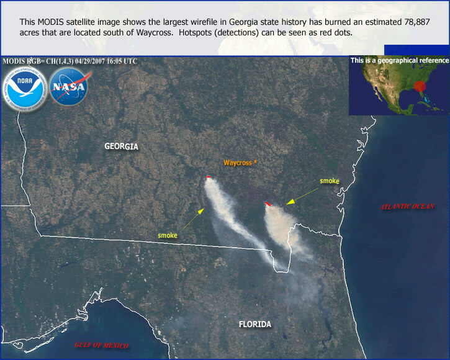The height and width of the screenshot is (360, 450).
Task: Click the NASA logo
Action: click(x=69, y=86)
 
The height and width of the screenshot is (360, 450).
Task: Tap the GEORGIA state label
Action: click(x=121, y=146)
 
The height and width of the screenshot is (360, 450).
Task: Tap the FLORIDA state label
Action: click(x=255, y=325)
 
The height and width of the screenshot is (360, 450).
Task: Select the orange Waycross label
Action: click(x=240, y=163)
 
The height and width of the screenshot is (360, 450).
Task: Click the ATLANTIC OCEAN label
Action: click(x=407, y=207)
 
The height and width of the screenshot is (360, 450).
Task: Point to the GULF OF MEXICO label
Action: click(x=101, y=345)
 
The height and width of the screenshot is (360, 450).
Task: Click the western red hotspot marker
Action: click(x=209, y=177)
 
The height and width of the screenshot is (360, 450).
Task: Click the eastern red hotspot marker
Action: click(x=268, y=204)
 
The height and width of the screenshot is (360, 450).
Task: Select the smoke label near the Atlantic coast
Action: click(x=330, y=181)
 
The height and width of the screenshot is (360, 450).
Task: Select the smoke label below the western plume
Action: click(x=168, y=235)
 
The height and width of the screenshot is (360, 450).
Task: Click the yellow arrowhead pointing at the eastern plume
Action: click(x=290, y=202)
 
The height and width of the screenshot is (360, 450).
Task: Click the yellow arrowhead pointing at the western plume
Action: click(x=201, y=211)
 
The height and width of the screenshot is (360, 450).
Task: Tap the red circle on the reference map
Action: click(x=420, y=86)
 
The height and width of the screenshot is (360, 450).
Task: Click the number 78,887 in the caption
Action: click(x=417, y=22)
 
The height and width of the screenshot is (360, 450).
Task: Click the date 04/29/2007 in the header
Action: click(x=90, y=61)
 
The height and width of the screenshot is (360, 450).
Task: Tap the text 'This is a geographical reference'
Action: click(x=400, y=60)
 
